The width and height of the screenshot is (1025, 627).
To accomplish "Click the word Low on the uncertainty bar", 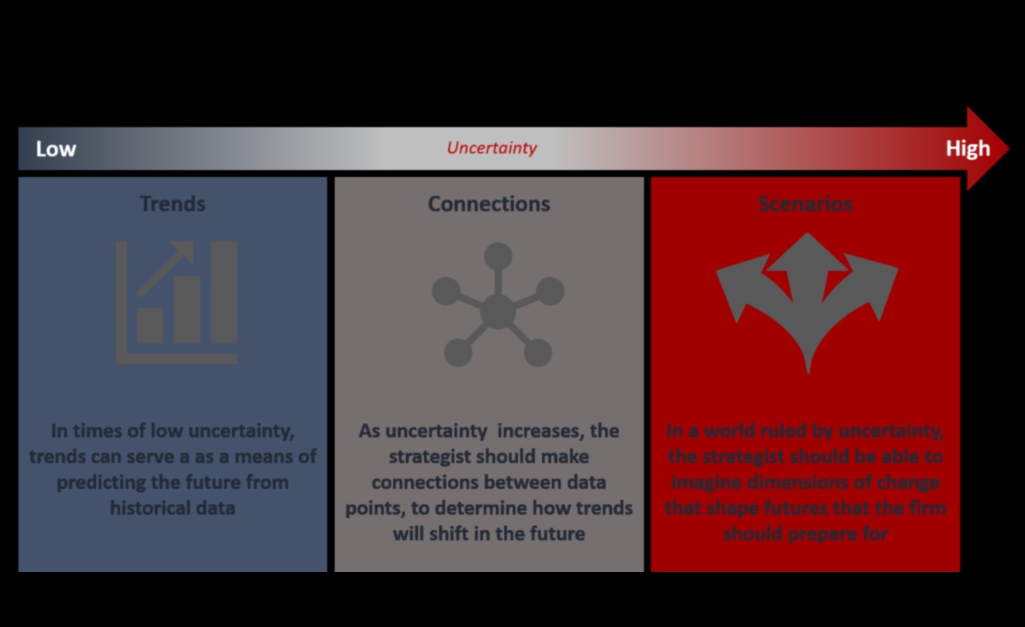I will pyautogui.click(x=56, y=149).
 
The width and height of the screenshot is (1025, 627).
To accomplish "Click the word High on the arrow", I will pyautogui.click(x=968, y=149).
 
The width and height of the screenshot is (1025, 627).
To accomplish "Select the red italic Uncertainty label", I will pyautogui.click(x=492, y=147).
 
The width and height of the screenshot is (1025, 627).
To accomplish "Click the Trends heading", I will pyautogui.click(x=172, y=204).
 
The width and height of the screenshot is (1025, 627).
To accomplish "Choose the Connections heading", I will pyautogui.click(x=488, y=204).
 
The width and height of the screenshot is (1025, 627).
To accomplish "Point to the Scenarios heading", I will pyautogui.click(x=805, y=204).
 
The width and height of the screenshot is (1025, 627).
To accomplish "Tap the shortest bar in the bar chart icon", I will pyautogui.click(x=150, y=326).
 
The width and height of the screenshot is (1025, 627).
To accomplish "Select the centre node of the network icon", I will pyautogui.click(x=498, y=312).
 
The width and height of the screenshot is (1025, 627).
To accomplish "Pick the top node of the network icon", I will pyautogui.click(x=498, y=256).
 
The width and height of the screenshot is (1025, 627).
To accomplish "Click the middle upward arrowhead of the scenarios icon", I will pyautogui.click(x=808, y=252).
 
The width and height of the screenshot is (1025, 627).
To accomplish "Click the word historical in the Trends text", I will pyautogui.click(x=150, y=508).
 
